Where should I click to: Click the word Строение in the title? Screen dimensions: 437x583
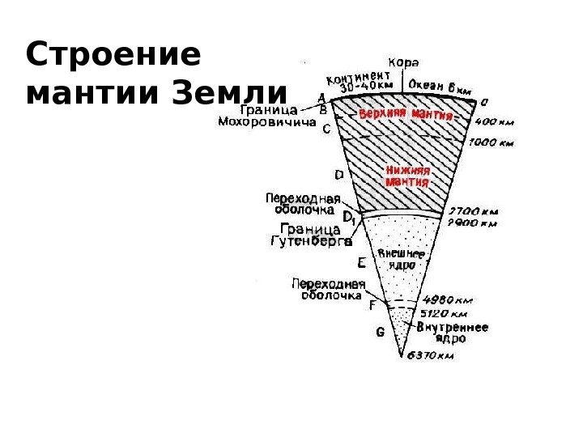[x=113, y=57]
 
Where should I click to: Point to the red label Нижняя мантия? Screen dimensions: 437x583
[x=407, y=176]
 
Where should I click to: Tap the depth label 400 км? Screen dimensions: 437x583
[x=494, y=123]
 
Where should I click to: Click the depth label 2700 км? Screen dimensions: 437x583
[x=474, y=212]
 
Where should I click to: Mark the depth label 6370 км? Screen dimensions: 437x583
[x=430, y=354]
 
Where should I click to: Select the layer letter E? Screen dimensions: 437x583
[x=361, y=262]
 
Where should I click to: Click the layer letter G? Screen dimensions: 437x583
[x=380, y=332]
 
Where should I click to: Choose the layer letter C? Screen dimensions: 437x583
[x=327, y=129]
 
